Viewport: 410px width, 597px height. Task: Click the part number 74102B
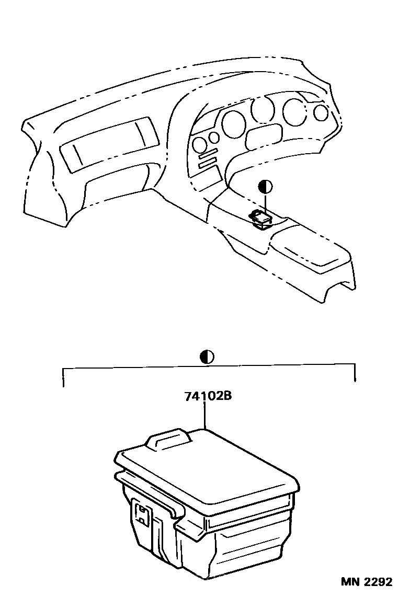coord(208,396)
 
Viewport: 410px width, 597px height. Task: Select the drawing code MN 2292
coord(366,582)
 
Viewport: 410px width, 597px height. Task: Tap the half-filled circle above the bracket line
coord(207,357)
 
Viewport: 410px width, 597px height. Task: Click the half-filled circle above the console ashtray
coord(265,187)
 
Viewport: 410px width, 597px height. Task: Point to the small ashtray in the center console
coord(260,220)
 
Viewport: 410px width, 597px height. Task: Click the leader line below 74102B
coord(206,416)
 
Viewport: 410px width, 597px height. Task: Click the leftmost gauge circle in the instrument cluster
coord(199,144)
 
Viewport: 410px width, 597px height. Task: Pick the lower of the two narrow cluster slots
coord(208,163)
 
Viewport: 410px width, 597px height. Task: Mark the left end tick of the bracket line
coord(63,377)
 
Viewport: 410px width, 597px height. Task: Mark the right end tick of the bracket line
coord(355,373)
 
